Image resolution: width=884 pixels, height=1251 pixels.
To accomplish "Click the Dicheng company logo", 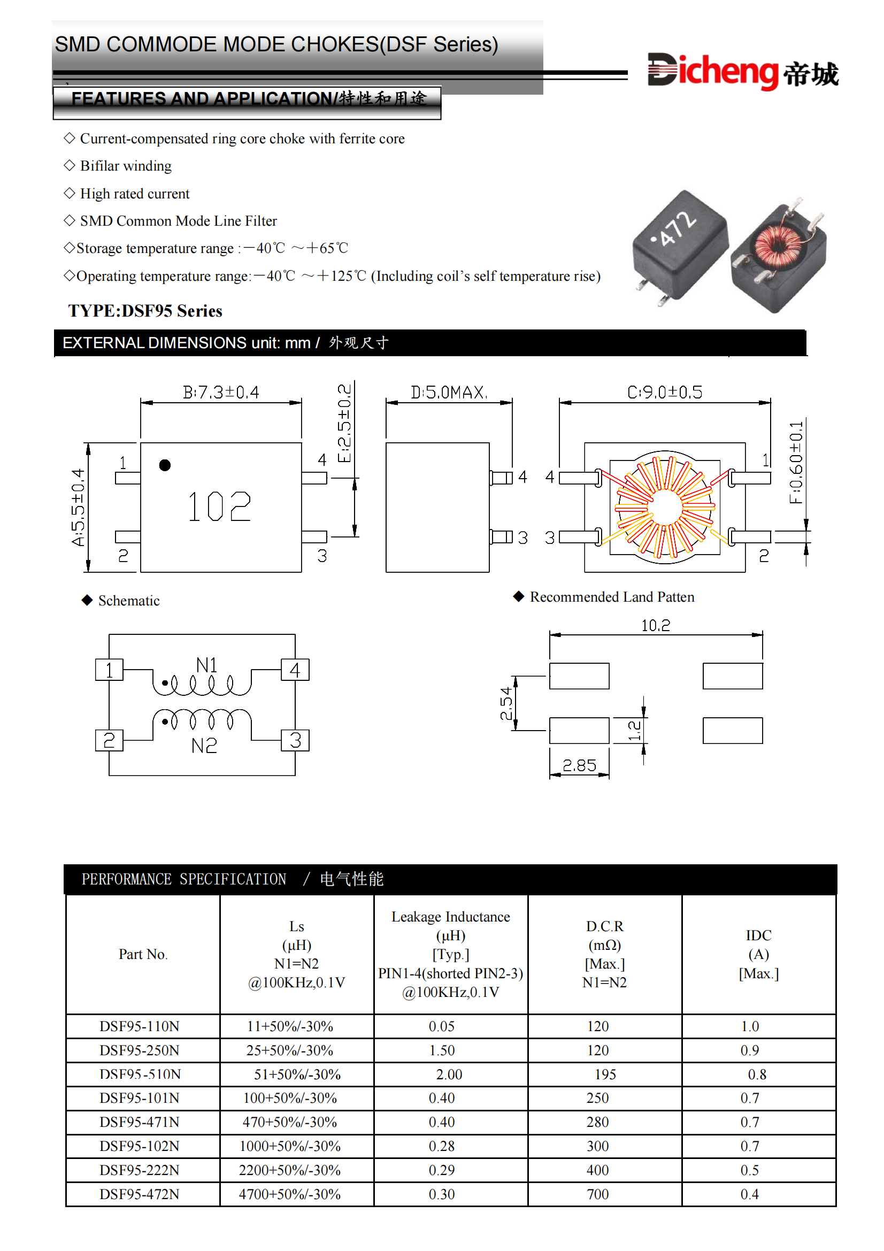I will [742, 71].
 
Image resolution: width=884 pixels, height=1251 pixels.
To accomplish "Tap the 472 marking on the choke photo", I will [677, 228].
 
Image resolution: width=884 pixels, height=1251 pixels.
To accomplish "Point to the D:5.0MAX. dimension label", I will [449, 392].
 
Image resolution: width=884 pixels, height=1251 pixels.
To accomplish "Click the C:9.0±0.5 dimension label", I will [665, 392].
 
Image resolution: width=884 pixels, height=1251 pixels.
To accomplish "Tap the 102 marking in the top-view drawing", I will [219, 506].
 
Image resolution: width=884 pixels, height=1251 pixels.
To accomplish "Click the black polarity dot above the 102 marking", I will [165, 465].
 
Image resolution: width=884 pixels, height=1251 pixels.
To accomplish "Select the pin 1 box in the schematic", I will [109, 670].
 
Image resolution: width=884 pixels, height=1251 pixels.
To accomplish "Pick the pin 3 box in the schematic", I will [295, 740].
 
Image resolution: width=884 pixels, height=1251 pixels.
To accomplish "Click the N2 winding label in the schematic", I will [204, 746].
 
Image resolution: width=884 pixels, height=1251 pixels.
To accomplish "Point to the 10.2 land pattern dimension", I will [655, 626].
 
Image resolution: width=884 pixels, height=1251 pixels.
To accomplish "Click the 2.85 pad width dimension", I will [579, 765].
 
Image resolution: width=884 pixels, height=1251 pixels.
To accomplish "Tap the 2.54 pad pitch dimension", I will [506, 703].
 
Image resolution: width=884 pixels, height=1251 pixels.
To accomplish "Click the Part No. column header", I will [143, 954].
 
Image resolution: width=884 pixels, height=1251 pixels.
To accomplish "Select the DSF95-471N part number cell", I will [140, 1122].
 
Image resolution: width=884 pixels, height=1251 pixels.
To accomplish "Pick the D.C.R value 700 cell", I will [597, 1194].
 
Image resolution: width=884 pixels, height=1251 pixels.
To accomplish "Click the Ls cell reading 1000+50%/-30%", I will [290, 1146].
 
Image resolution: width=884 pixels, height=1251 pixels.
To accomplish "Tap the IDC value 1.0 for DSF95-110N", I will [749, 1026].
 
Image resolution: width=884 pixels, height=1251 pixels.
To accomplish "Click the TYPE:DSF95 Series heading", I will [145, 311].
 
